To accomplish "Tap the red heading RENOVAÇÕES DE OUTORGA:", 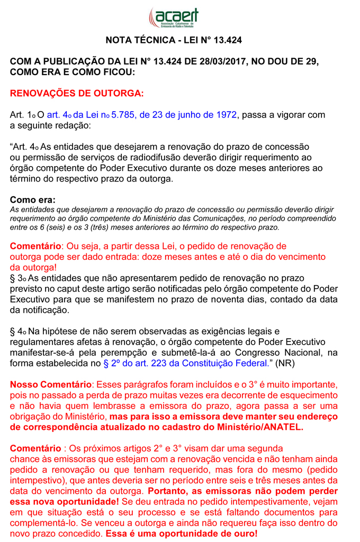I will (77, 94).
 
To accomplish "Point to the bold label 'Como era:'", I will (32, 200).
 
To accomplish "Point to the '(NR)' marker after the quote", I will (283, 364).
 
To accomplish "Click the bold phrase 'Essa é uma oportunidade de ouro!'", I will (182, 534).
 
